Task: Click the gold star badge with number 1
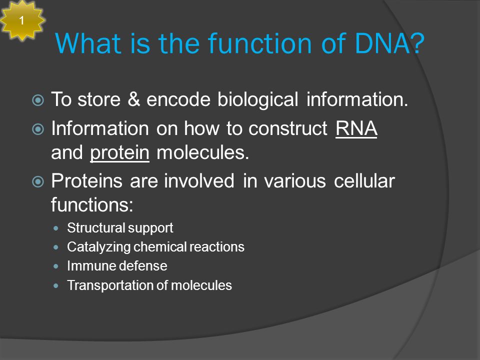(22, 20)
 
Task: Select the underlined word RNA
(356, 128)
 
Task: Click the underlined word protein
(119, 152)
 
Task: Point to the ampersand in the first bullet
(133, 99)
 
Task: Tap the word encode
(178, 99)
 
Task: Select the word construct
(288, 128)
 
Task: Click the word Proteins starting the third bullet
(86, 180)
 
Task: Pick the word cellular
(364, 180)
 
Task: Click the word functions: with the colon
(92, 204)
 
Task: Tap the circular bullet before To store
(38, 100)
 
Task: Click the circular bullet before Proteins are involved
(38, 181)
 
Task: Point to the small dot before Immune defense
(55, 266)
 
